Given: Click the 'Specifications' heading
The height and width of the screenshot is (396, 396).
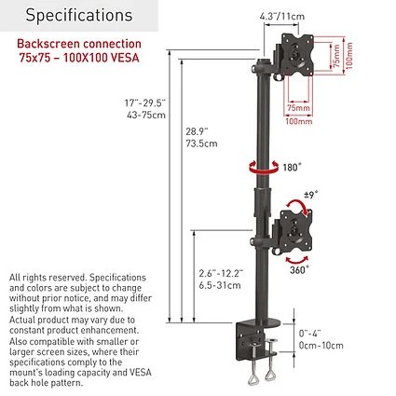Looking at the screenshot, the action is coord(79,16).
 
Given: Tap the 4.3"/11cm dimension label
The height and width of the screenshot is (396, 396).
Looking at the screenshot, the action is coord(282,16).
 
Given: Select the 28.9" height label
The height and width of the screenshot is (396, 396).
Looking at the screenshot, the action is coord(197,131).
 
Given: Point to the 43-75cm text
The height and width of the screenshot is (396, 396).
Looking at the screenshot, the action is coord(146,116).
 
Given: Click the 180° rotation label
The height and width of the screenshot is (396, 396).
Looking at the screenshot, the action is coord(292,168).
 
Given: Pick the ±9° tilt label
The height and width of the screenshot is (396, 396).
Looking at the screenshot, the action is coord(310,195).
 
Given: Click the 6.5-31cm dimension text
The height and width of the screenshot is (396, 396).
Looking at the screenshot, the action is coord(220,285).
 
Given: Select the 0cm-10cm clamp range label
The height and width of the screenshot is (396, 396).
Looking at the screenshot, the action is coord(321,346).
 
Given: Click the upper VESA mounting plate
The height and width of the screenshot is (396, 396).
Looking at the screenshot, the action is coord(297,55).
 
